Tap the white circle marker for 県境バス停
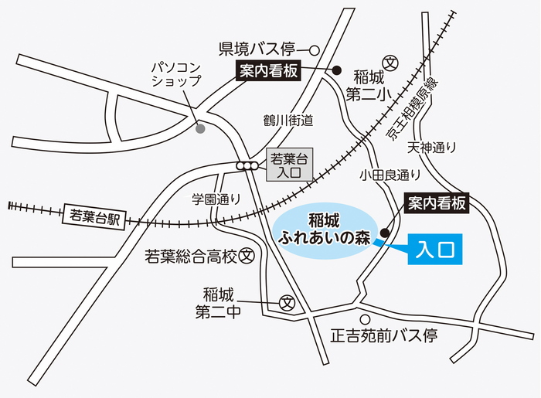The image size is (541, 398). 315,50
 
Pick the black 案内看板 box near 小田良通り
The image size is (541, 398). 437,204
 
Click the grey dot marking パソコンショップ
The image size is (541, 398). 200,128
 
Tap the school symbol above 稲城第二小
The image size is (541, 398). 390,61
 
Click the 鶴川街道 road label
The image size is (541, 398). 288,121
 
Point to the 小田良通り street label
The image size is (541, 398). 390,175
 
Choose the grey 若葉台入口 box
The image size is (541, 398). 289,166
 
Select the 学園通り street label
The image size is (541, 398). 217,199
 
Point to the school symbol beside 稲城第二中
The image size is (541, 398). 288,302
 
